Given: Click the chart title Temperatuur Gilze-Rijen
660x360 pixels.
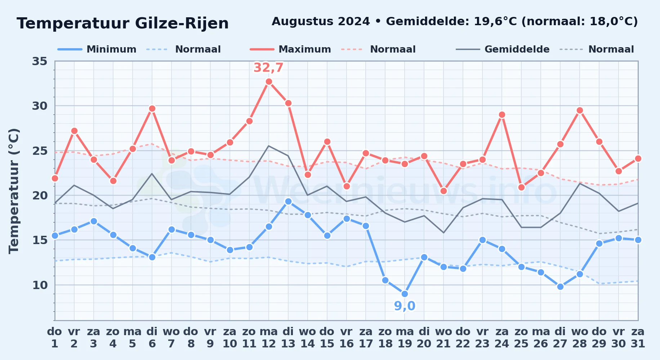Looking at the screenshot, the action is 123,23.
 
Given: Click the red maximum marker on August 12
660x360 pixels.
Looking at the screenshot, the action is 269,82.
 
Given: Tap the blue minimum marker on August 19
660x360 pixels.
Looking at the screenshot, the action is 405,294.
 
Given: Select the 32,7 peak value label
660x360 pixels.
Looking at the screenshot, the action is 269,68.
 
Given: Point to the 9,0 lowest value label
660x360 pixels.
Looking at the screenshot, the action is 405,306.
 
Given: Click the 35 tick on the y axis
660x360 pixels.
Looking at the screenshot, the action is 40,61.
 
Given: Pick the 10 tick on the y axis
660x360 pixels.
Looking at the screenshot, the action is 40,285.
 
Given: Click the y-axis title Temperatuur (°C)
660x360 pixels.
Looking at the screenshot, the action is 14,191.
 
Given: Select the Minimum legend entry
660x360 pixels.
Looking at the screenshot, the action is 97,49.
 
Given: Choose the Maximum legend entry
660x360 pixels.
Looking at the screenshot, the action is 290,49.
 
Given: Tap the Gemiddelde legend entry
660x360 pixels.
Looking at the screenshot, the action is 503,49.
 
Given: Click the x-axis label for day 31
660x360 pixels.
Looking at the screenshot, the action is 638,337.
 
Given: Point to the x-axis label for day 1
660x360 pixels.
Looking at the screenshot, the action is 55,337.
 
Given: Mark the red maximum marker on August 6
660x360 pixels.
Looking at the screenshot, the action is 152,108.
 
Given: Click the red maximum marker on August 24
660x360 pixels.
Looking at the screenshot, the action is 502,115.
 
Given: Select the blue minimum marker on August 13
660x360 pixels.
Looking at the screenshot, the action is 288,201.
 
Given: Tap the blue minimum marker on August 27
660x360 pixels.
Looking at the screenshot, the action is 560,287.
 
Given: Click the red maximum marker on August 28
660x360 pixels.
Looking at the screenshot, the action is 580,111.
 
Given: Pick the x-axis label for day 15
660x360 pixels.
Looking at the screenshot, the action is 327,337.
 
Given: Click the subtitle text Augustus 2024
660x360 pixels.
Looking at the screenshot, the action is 321,22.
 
